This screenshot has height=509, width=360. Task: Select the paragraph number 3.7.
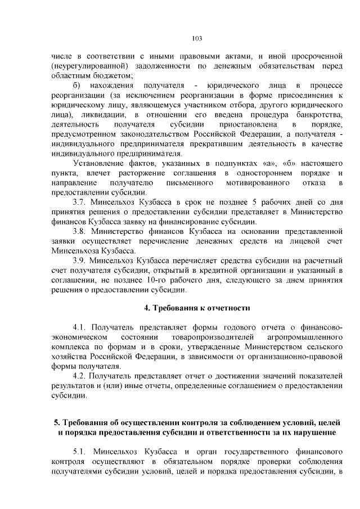[x=81, y=201]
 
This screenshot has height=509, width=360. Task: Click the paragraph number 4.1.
[x=81, y=327]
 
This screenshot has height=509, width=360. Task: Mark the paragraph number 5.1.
[x=81, y=452]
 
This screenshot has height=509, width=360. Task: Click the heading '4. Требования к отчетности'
[x=196, y=308]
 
